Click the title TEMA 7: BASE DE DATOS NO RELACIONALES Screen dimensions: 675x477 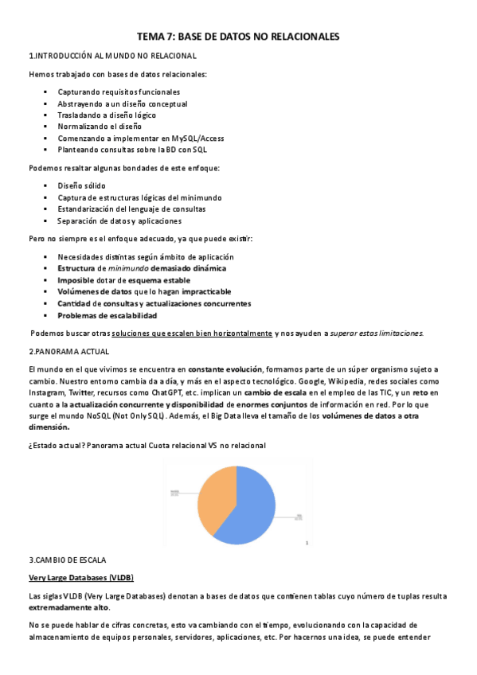[238, 37]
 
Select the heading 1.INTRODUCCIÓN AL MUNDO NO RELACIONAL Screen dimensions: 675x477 [112, 56]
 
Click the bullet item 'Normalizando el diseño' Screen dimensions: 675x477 [100, 126]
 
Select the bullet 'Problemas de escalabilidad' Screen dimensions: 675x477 [107, 315]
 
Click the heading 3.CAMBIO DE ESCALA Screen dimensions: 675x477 [67, 560]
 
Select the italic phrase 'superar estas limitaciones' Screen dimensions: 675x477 [378, 333]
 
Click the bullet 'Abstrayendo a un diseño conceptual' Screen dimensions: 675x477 [122, 103]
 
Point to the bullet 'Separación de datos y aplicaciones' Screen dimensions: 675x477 [119, 220]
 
